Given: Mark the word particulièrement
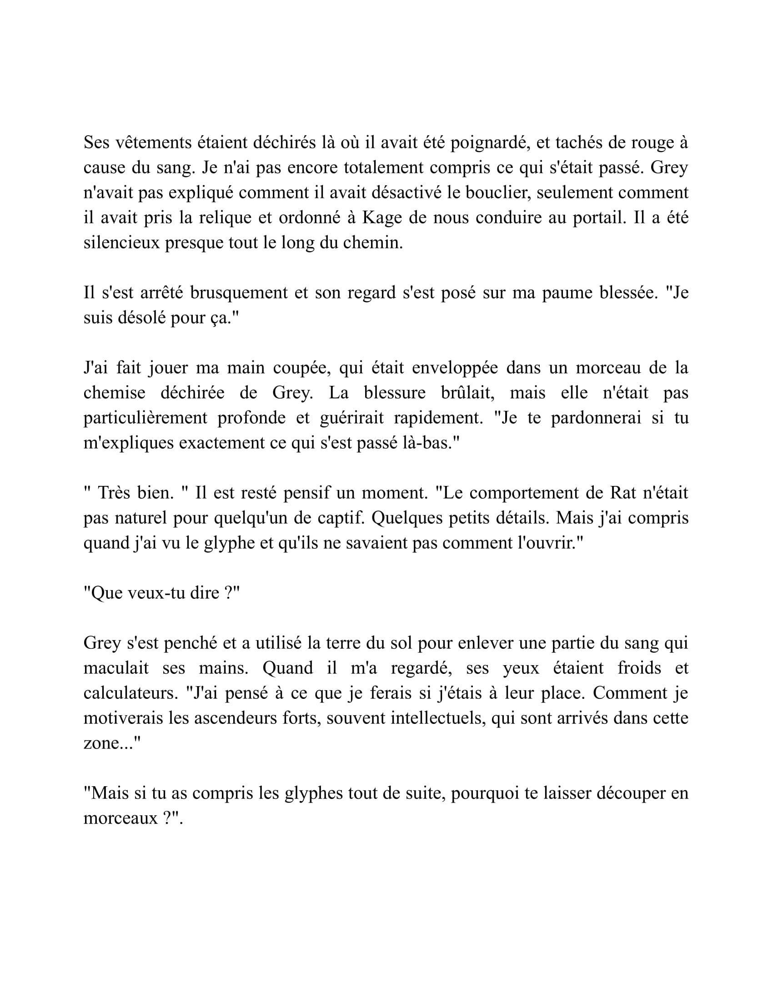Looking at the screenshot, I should coord(145,418).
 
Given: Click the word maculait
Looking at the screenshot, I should coord(116,668).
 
